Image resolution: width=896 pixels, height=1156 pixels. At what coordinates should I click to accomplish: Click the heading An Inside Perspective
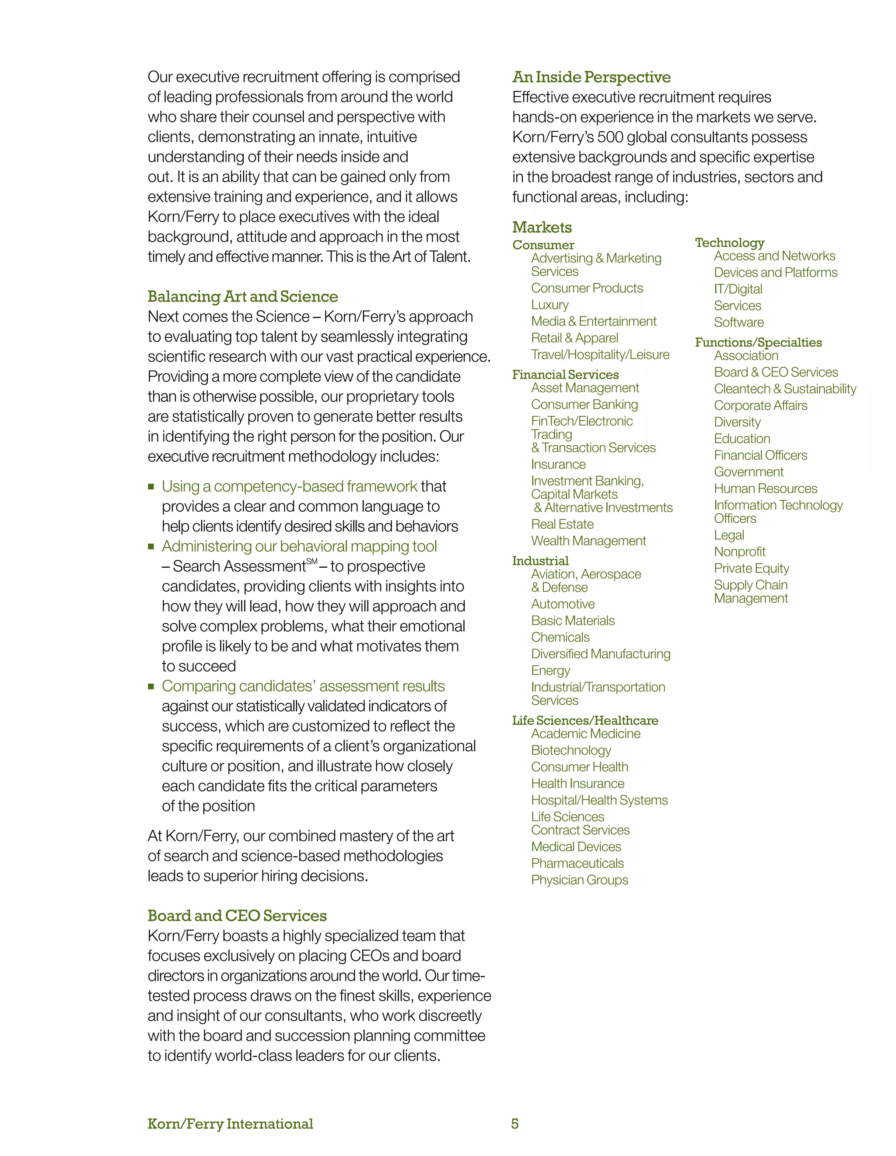(591, 77)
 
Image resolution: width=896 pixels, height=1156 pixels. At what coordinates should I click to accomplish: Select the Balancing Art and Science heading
(242, 296)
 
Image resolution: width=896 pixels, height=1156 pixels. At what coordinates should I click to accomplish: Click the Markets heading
(542, 228)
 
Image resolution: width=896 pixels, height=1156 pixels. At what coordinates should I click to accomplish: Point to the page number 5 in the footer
(514, 1124)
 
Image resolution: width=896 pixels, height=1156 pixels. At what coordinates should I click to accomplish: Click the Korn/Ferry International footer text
(230, 1124)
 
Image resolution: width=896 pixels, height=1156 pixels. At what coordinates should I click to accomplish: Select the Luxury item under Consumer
(549, 305)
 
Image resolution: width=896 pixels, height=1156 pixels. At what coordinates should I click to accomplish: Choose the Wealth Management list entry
(588, 541)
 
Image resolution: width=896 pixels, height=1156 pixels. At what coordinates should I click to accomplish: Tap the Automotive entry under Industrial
(562, 604)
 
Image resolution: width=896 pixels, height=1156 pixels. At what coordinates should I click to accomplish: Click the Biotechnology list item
(570, 751)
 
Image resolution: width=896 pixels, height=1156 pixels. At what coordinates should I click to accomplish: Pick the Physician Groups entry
(579, 880)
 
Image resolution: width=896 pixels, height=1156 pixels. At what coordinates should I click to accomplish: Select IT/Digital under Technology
(738, 289)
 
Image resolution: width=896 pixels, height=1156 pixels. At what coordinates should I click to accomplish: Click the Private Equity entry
(751, 569)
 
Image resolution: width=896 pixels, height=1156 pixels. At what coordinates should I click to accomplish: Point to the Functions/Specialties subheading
(758, 342)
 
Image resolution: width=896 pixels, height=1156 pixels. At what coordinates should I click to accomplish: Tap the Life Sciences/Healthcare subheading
(584, 720)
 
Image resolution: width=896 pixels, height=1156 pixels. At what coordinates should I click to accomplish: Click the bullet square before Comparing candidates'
(151, 686)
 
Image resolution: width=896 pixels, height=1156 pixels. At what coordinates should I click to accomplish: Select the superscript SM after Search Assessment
(311, 562)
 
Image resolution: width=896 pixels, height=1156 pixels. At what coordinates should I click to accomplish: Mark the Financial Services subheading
(565, 375)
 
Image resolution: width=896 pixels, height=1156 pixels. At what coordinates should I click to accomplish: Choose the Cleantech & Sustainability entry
(784, 389)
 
